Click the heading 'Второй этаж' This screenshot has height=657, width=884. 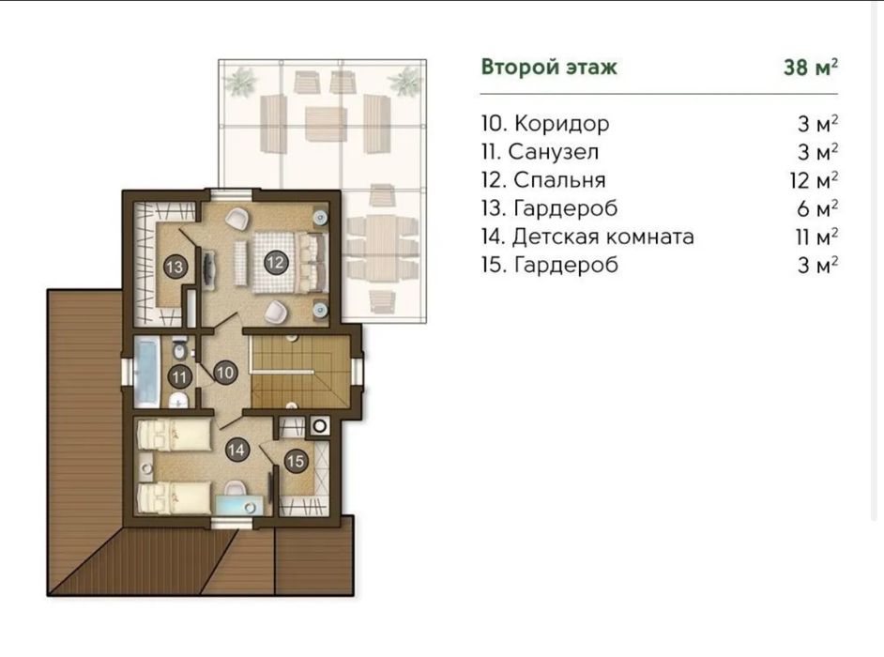click(x=549, y=68)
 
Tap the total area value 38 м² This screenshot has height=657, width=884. click(x=810, y=68)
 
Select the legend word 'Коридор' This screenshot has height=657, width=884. click(x=561, y=124)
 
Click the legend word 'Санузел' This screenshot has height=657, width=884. click(x=553, y=152)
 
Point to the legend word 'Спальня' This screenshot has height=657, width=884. click(x=559, y=180)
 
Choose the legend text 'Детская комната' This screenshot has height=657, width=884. click(x=602, y=237)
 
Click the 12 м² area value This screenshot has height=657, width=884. click(x=814, y=180)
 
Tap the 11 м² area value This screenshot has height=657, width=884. click(x=815, y=237)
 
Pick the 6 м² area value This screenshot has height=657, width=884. click(x=817, y=208)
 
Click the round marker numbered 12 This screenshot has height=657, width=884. click(x=275, y=262)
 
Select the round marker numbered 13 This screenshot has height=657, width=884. click(x=175, y=267)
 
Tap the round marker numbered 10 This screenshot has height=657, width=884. click(x=225, y=373)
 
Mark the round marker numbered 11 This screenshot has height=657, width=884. click(x=180, y=376)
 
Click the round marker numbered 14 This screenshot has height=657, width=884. click(x=236, y=450)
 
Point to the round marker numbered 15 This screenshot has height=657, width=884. click(x=296, y=462)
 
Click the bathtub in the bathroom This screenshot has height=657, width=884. click(x=147, y=372)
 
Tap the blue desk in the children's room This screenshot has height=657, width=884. click(x=239, y=504)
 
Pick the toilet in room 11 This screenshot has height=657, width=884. click(x=179, y=350)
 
